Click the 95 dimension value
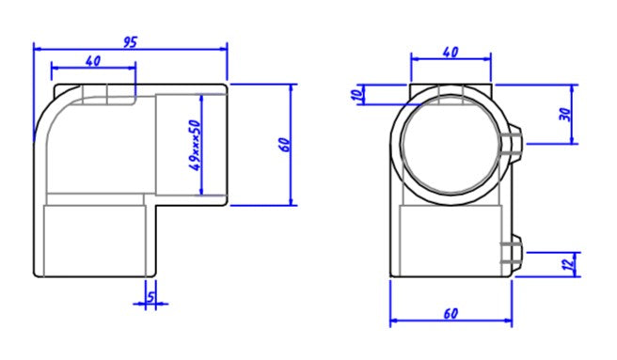pyautogui.click(x=130, y=42)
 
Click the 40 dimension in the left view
pyautogui.click(x=93, y=61)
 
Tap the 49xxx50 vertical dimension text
pyautogui.click(x=196, y=145)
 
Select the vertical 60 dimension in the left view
pyautogui.click(x=286, y=145)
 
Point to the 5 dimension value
pyautogui.click(x=151, y=297)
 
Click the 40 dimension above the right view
pyautogui.click(x=451, y=52)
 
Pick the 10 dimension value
pyautogui.click(x=356, y=94)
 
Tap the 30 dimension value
pyautogui.click(x=565, y=114)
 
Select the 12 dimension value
pyautogui.click(x=568, y=264)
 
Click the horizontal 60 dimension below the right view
pyautogui.click(x=451, y=314)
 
